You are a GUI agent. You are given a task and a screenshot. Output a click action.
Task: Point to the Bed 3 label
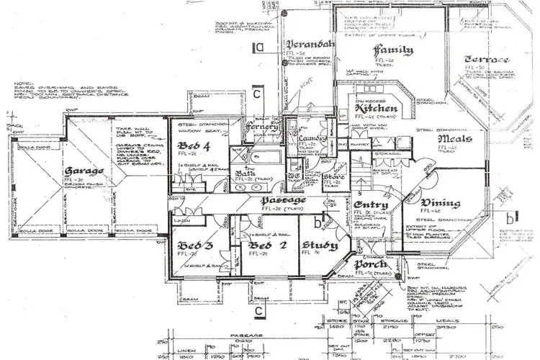(192, 246)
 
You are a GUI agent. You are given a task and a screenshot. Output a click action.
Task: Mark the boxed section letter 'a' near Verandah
(260, 48)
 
